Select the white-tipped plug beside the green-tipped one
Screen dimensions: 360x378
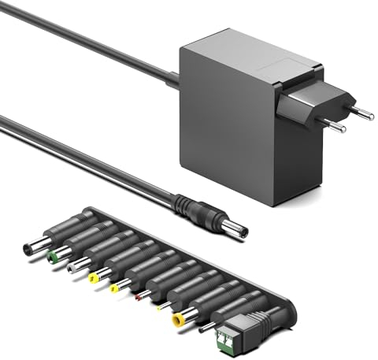[74, 266]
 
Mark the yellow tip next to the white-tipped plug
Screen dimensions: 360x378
[95, 276]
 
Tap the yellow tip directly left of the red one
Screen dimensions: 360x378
[117, 286]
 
